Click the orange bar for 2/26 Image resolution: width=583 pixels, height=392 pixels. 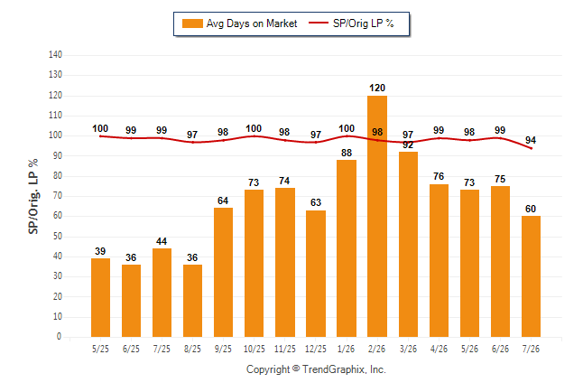(377, 216)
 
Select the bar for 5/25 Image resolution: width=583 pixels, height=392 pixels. (100, 297)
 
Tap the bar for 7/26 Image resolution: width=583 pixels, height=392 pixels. (531, 276)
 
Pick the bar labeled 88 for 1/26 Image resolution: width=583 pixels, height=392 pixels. (347, 248)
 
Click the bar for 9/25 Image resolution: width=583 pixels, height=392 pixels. (223, 272)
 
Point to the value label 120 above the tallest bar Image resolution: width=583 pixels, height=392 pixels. (377, 88)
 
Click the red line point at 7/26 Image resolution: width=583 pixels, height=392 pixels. (531, 148)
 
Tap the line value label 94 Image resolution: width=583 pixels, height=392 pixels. (531, 140)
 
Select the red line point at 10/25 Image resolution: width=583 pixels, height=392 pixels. (254, 135)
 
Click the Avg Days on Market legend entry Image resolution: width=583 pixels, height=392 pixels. (239, 23)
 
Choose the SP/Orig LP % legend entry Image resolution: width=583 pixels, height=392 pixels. (351, 23)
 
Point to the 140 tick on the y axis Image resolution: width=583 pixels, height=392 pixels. (55, 55)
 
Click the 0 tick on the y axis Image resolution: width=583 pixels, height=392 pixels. (59, 337)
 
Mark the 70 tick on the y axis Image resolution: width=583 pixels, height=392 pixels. (57, 196)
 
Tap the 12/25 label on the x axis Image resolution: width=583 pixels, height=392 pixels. (315, 349)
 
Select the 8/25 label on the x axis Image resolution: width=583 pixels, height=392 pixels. (192, 349)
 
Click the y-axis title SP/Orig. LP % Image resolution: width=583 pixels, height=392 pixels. (33, 196)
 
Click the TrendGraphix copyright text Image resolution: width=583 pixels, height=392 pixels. (316, 369)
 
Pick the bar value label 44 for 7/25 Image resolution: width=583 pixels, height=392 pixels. (162, 241)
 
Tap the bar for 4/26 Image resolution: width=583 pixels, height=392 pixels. (439, 261)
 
